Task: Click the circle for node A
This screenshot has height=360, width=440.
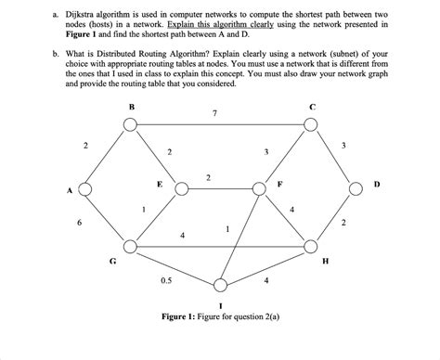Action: tap(84, 190)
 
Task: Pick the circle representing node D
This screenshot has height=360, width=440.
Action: tap(357, 190)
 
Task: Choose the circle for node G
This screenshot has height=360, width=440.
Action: tap(131, 247)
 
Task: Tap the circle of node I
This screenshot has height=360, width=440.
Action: tap(220, 284)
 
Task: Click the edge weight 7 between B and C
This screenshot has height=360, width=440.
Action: tap(214, 113)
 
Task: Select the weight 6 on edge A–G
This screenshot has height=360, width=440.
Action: tap(79, 223)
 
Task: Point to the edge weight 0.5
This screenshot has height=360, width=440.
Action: tap(165, 278)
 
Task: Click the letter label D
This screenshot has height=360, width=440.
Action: tap(376, 185)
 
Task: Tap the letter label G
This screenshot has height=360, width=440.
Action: tap(113, 262)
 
